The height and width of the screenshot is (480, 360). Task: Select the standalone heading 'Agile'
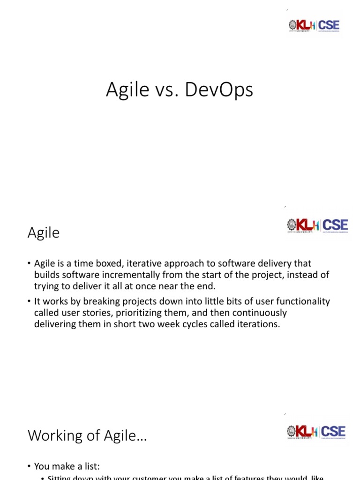tap(44, 232)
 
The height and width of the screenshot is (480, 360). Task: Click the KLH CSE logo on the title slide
tap(314, 25)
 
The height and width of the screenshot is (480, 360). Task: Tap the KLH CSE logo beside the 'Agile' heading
tap(317, 225)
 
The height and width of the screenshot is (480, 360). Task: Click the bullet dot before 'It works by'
tap(29, 302)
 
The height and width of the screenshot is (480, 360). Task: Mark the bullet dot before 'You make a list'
tap(29, 466)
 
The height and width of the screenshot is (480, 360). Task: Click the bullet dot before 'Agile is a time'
tap(29, 264)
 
